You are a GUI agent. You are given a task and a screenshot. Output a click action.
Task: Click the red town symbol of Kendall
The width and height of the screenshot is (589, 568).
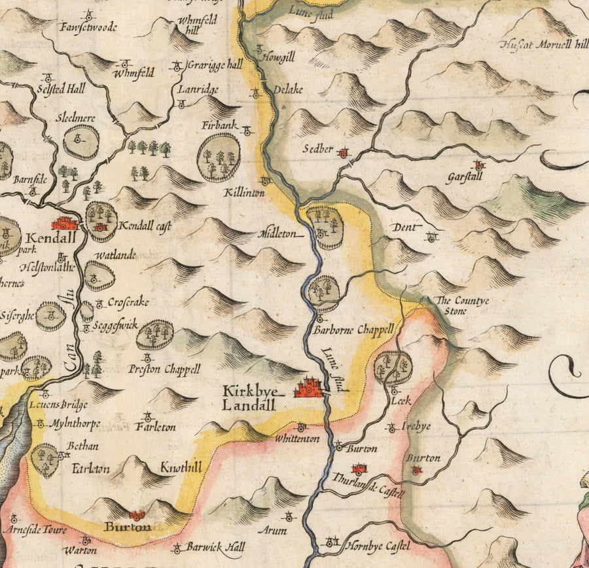[65, 223]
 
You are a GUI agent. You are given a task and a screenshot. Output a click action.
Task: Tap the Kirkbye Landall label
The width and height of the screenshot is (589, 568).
[251, 398]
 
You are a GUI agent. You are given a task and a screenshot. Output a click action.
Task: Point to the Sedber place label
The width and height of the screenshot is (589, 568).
[318, 149]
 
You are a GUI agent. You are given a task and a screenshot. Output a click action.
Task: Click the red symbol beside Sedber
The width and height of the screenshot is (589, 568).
[343, 153]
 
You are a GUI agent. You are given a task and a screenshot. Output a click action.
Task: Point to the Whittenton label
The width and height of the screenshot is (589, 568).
[298, 439]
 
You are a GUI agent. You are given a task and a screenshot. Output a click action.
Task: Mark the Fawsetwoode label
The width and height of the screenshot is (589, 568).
[87, 27]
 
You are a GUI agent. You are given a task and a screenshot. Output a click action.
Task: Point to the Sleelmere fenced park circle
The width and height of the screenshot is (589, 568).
[82, 141]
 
